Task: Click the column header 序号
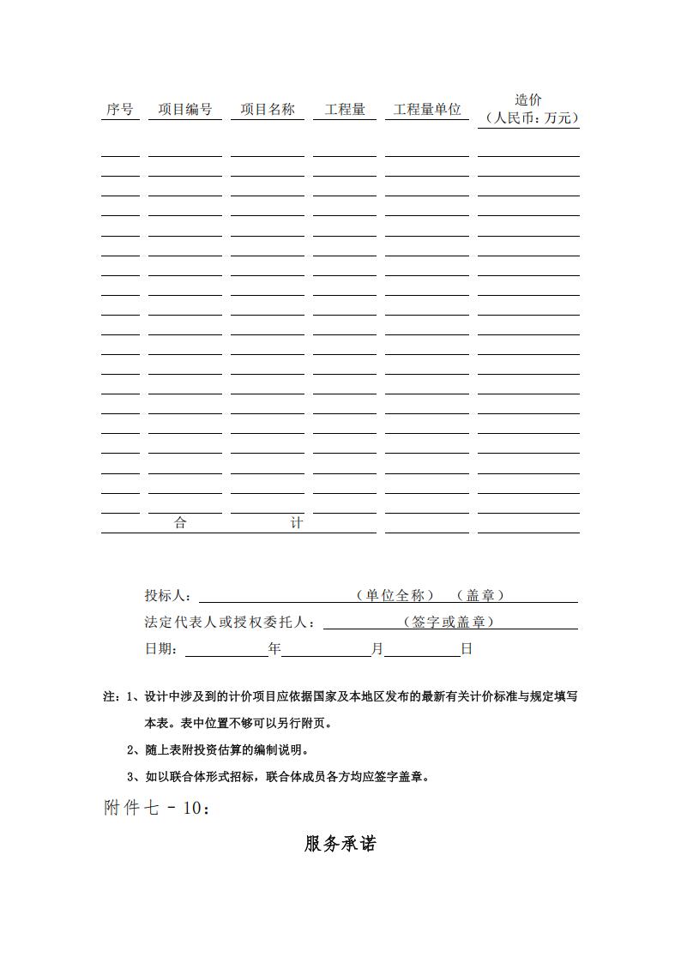coord(120,110)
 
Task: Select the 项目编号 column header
coord(184,110)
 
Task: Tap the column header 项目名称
coord(267,110)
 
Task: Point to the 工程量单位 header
coord(427,110)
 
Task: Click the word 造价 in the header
coord(528,100)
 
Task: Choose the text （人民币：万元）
coord(528,118)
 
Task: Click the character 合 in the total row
coord(180,523)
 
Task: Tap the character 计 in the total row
coord(296,523)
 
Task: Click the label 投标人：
coord(169,596)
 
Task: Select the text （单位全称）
coord(395,595)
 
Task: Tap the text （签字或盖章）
coord(449,623)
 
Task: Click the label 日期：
coord(162,650)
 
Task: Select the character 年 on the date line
coord(274,650)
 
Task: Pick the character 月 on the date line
coord(377,650)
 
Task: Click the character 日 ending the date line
coord(467,650)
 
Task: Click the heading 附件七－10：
coord(157,808)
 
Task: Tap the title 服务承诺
coord(340,844)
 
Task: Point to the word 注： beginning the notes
coord(111,697)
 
